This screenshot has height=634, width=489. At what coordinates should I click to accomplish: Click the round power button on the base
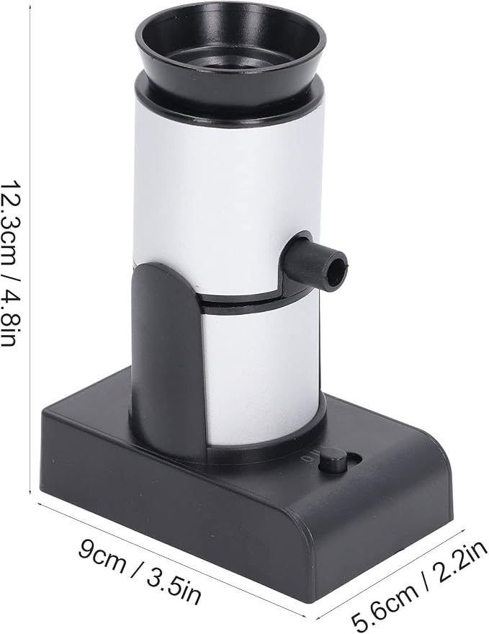click(333, 463)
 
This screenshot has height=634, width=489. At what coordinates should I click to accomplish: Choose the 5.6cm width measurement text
click(385, 602)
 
